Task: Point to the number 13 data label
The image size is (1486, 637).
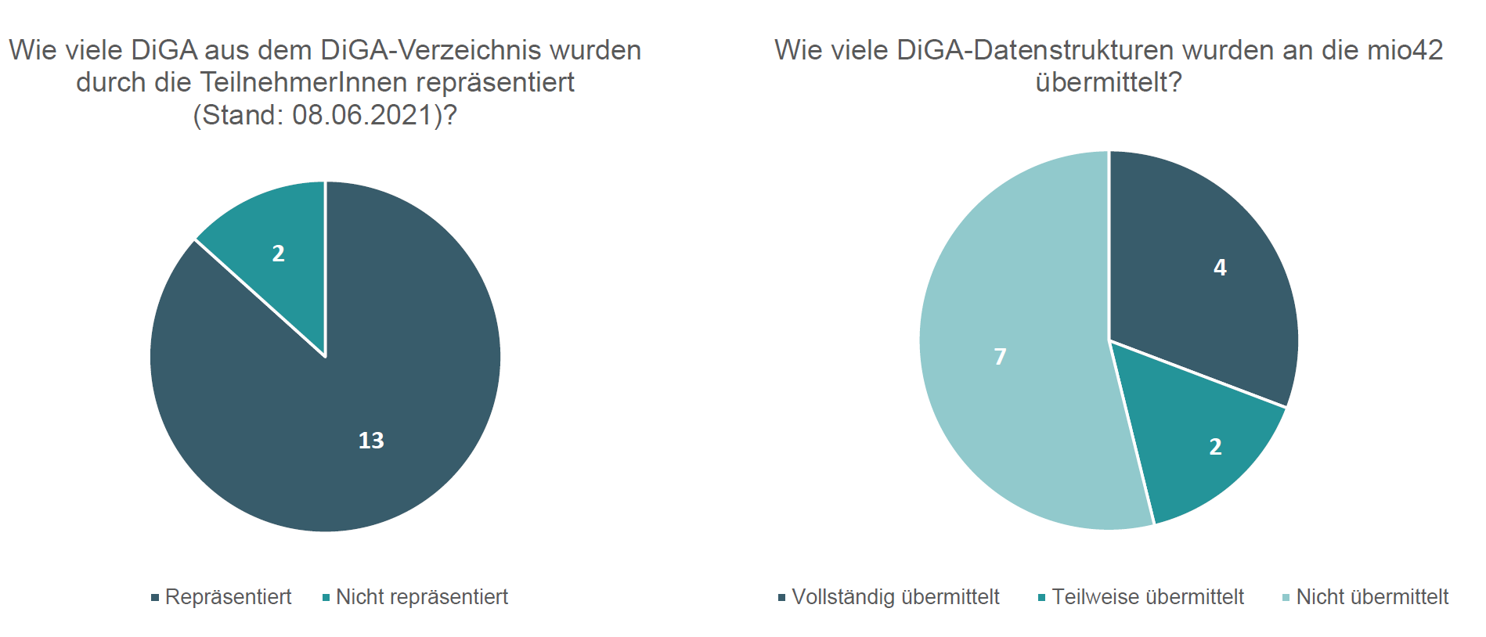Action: coord(371,441)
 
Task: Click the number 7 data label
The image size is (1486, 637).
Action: coord(1000,357)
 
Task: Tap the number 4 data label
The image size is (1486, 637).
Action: coord(1220,268)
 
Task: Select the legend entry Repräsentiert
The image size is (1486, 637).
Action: coord(228,597)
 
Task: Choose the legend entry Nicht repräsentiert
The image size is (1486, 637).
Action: coord(421,597)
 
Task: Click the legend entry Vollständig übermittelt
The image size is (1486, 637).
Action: coord(895,597)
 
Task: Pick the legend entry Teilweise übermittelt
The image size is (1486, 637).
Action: coord(1147,597)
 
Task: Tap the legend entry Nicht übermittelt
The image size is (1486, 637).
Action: coord(1372,597)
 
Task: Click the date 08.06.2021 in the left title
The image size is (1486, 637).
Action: coord(362,115)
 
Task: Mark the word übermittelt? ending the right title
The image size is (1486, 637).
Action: coord(1109,82)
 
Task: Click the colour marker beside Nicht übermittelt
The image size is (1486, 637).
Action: coord(1286,599)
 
